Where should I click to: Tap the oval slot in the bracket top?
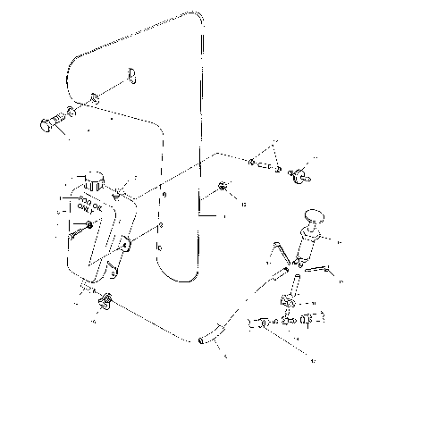(130, 74)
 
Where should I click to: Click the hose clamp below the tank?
(106, 299)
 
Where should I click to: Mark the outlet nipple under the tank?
(89, 287)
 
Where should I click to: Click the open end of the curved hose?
(199, 340)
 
